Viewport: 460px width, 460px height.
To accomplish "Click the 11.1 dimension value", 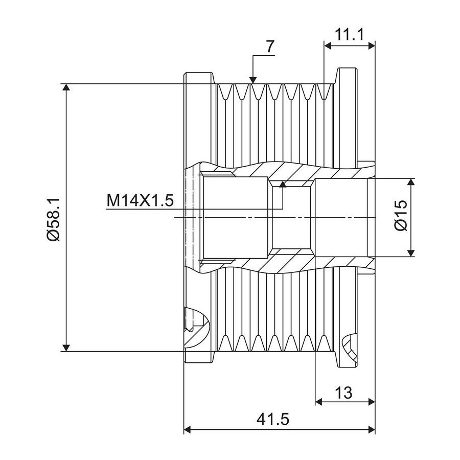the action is pos(349,35).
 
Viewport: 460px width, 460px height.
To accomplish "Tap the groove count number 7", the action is pos(270,47).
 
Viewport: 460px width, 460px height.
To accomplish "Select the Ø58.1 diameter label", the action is pos(53,219).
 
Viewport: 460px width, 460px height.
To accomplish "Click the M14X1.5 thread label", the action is pos(140,201).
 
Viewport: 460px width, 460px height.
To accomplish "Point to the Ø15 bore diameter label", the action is pos(402,216).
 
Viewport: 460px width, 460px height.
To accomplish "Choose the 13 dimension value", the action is pos(343,393).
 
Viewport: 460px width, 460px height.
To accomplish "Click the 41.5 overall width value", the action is pos(273,419).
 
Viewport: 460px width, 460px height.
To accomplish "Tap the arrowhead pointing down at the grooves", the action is pos(253,80).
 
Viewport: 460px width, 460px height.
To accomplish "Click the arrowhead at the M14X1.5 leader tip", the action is pos(283,184).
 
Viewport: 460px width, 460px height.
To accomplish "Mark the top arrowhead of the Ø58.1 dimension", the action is pos(66,87).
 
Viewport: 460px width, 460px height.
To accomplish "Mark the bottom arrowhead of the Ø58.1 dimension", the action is pos(66,348).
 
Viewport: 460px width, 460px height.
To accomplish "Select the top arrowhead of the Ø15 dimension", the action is pos(411,181).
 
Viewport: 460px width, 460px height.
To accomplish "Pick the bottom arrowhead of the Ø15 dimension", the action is pos(411,253).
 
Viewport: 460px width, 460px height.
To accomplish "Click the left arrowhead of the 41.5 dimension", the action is pos(188,430).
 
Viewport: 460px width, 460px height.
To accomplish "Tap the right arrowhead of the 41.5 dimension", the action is pos(372,430).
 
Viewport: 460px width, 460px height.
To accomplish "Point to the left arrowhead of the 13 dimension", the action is pos(319,401).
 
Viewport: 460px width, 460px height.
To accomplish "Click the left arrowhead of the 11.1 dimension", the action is pos(328,45).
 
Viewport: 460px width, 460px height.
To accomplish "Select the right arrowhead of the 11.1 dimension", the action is pos(372,45).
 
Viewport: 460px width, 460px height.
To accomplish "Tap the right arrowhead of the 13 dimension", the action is pos(372,401).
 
